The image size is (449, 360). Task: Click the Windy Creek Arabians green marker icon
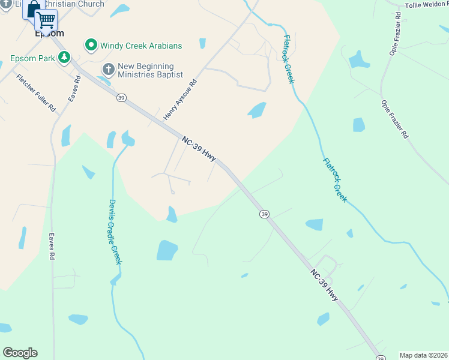tap(91, 46)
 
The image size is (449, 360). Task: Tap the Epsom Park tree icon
tap(63, 58)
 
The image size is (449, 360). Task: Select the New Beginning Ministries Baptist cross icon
tap(109, 69)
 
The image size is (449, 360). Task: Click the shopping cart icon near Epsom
tap(46, 20)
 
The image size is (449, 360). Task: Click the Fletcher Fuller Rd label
tap(36, 92)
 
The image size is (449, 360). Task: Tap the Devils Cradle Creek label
tap(115, 232)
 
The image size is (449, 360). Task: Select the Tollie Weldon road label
tap(426, 5)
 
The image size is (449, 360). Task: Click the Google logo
tap(20, 353)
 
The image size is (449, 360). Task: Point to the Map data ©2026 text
tap(424, 355)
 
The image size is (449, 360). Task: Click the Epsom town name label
tap(49, 34)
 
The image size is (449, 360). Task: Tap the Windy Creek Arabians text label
tap(141, 46)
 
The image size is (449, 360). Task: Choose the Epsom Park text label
tap(32, 59)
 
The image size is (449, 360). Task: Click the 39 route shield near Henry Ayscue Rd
tap(121, 98)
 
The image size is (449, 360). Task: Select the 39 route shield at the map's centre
tap(264, 214)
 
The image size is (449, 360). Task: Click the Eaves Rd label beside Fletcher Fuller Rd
tap(74, 88)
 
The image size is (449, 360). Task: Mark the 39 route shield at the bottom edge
tap(380, 358)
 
